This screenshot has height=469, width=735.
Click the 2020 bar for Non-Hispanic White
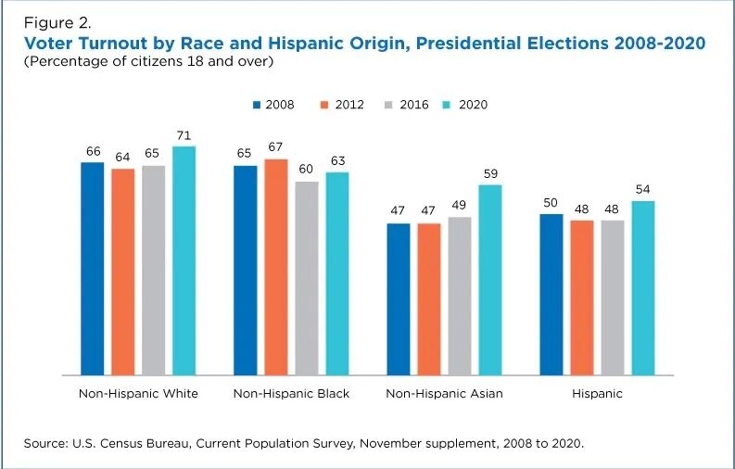(x=184, y=260)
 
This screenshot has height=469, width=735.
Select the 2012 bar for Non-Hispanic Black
(x=276, y=267)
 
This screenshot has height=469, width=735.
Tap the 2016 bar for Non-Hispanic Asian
(x=460, y=296)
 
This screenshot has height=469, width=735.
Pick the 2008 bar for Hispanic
(x=551, y=294)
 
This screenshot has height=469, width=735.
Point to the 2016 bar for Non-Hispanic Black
(x=307, y=278)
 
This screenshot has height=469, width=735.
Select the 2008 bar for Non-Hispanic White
(x=93, y=269)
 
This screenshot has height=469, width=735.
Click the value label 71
(x=184, y=135)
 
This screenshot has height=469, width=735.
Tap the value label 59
(x=490, y=174)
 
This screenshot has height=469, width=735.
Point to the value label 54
(x=643, y=190)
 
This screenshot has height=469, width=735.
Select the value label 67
(x=276, y=148)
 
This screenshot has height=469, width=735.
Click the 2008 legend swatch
(x=257, y=105)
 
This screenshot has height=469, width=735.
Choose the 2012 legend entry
(x=339, y=105)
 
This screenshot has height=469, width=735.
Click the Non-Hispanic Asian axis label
(x=444, y=394)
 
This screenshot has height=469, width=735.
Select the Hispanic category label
(x=597, y=394)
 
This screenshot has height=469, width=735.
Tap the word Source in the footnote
(x=46, y=444)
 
